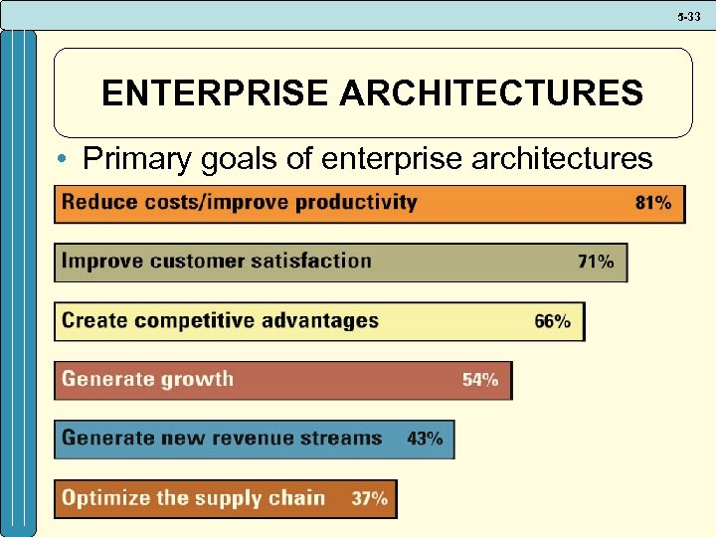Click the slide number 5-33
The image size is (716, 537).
[690, 17]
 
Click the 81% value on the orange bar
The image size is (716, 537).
[652, 203]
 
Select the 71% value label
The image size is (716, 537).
[596, 263]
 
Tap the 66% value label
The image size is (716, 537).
[552, 321]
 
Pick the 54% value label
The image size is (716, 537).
[480, 380]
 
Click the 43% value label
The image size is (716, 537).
[425, 439]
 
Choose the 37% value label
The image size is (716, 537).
[369, 498]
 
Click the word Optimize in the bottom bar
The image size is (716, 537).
[106, 498]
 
